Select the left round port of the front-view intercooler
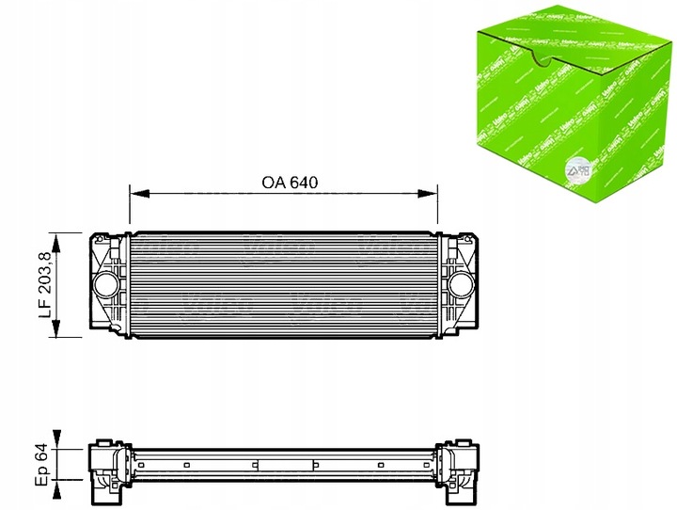point(103,283)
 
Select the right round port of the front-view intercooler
point(462,283)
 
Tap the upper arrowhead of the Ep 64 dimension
point(59,434)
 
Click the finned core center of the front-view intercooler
point(282,283)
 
